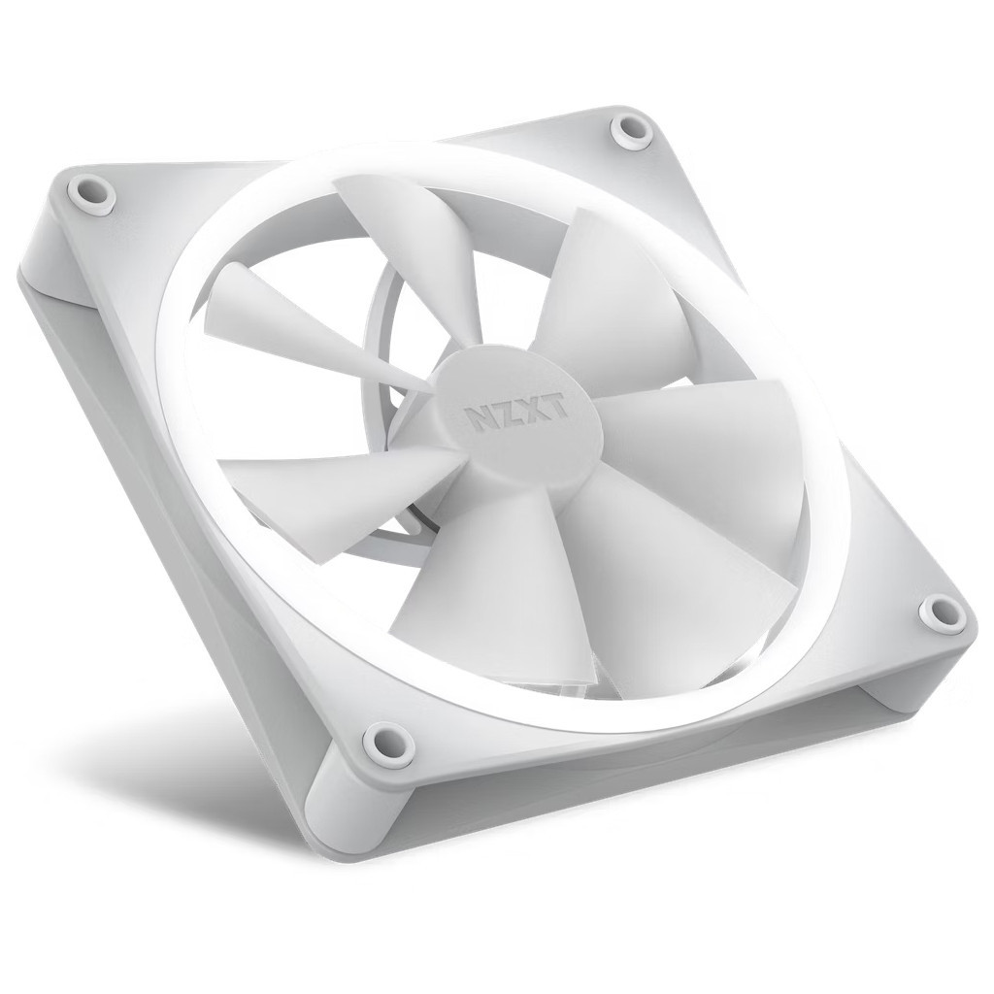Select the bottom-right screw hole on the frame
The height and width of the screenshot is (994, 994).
click(x=941, y=613)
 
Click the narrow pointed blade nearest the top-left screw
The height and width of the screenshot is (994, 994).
click(x=282, y=311)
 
